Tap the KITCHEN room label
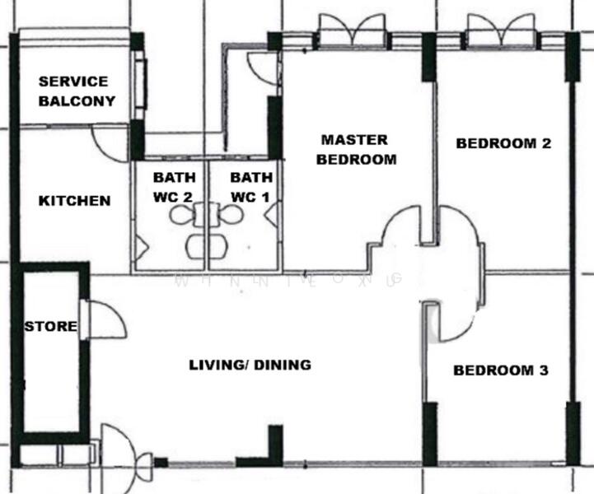tap(74, 201)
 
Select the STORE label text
tap(50, 327)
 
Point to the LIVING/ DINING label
tap(250, 365)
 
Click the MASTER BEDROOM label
tap(356, 150)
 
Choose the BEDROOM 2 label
tap(503, 143)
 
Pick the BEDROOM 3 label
tap(501, 370)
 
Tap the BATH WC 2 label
tap(173, 187)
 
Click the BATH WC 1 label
tap(250, 187)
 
